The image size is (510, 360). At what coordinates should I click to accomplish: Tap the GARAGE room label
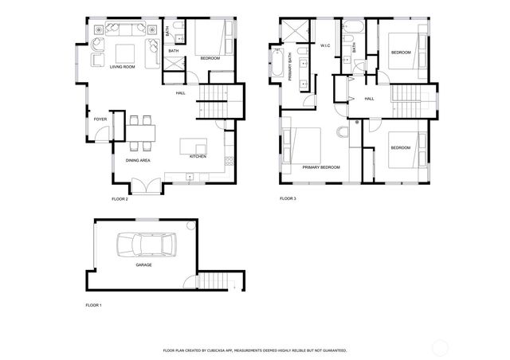coord(143,264)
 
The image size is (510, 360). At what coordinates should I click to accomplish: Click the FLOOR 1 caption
coord(93,305)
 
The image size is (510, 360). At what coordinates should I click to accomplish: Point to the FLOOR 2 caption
coord(119,198)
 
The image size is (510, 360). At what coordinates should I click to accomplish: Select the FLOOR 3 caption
coord(288,198)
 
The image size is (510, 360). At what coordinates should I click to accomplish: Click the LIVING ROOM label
coord(124,68)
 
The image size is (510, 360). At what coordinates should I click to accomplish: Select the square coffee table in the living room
coord(124,53)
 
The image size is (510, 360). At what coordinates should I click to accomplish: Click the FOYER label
coord(100,119)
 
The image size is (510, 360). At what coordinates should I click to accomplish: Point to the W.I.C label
coord(325,46)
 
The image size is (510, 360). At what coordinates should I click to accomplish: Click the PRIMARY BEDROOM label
coord(320,167)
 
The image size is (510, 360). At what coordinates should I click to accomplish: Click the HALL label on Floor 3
coord(369,99)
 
